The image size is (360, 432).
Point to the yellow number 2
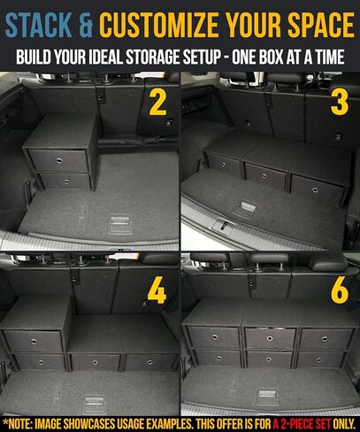157,103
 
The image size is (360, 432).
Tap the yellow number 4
157,292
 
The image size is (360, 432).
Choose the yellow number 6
339,290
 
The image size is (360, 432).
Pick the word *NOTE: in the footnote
22,422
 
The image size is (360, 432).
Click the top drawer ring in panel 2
58,160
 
